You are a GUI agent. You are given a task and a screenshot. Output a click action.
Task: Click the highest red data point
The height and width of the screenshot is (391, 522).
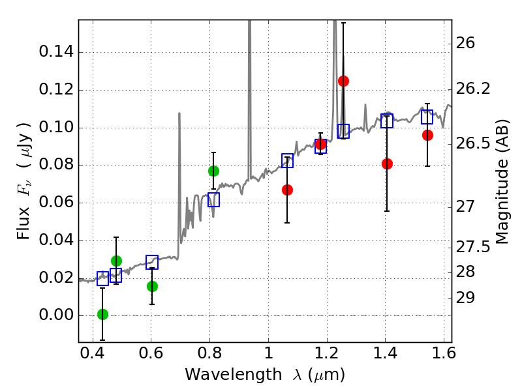tap(343, 81)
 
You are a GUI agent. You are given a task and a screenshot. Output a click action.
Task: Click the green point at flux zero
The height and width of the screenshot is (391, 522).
tap(102, 314)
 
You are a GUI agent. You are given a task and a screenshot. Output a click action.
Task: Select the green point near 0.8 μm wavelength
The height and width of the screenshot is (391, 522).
tap(213, 171)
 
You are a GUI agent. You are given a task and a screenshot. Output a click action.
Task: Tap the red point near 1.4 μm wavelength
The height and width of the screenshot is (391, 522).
tap(387, 164)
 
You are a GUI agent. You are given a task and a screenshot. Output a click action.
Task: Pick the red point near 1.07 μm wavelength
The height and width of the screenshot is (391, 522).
tap(287, 190)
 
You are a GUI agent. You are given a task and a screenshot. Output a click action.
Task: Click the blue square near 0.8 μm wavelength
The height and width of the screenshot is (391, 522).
tap(214, 200)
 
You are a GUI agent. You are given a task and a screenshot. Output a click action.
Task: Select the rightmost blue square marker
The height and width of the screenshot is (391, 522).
tap(427, 117)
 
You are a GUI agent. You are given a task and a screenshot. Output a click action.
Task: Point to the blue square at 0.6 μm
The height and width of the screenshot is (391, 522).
tap(152, 262)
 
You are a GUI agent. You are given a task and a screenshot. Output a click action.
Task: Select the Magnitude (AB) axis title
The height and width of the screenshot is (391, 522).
tap(502, 181)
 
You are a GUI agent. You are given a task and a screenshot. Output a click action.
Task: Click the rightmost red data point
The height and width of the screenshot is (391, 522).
tap(427, 135)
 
